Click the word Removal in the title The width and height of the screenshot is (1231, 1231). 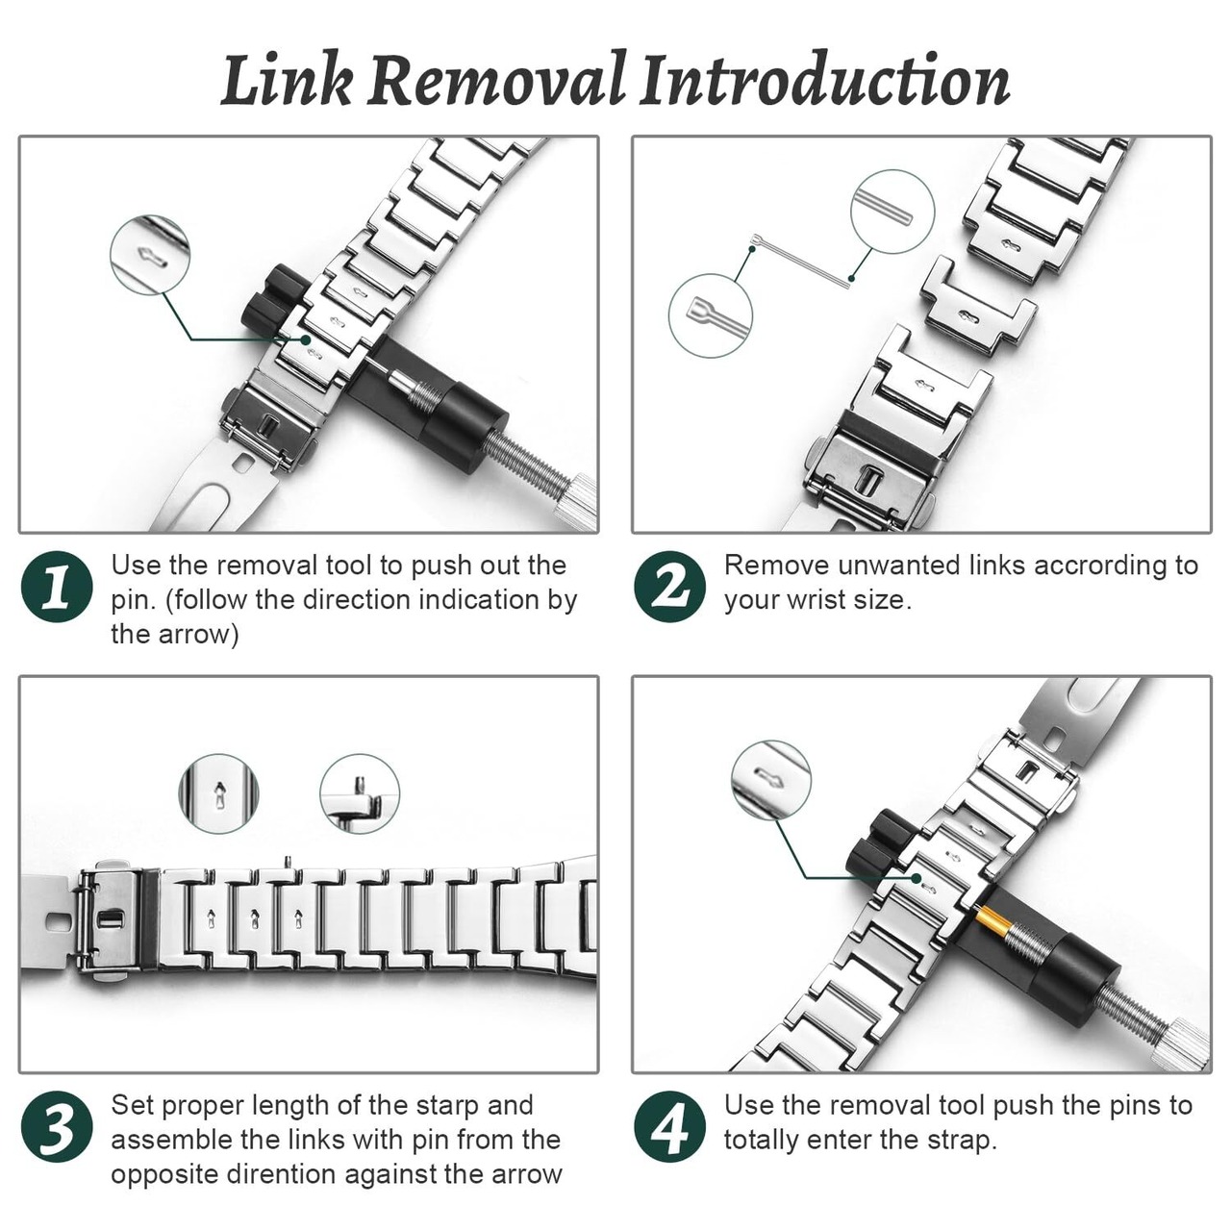click(496, 81)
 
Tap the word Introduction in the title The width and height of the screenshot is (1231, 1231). click(826, 81)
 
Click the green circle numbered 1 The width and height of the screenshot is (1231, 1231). click(57, 587)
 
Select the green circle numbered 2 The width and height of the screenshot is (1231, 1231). click(670, 587)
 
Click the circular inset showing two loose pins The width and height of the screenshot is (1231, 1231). click(892, 212)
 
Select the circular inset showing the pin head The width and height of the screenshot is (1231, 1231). click(711, 315)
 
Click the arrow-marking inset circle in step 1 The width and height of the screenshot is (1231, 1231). click(150, 255)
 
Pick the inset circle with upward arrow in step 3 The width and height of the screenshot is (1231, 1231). click(219, 793)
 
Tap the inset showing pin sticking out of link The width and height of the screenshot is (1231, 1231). click(360, 793)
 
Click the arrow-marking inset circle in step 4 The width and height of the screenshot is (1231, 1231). click(771, 781)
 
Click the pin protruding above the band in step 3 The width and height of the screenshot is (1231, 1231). click(289, 863)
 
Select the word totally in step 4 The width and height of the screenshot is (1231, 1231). click(764, 1141)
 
